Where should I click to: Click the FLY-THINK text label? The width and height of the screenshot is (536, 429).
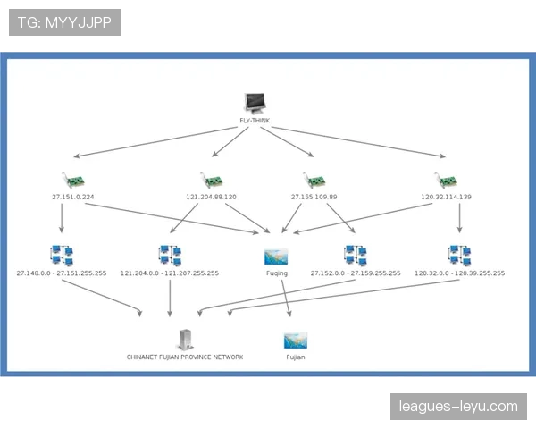pos(255,121)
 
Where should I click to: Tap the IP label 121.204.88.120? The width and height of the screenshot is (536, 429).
pos(211,196)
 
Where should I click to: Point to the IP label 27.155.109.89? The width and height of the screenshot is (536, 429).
pos(314,196)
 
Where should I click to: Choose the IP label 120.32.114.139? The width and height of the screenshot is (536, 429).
pos(446,196)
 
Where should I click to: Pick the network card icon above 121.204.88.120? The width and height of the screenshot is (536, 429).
pos(209,180)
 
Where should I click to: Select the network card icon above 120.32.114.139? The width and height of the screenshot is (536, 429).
pos(444,180)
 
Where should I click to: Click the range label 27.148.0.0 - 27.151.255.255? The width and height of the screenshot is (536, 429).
pos(62,273)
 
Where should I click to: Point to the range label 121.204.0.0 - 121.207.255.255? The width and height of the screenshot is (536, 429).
pos(170,273)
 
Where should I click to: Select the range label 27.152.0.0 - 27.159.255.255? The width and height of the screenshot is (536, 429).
pos(356,273)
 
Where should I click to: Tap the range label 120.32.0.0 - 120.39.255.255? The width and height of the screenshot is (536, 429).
pos(459,273)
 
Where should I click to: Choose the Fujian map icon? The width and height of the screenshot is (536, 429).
pos(296,340)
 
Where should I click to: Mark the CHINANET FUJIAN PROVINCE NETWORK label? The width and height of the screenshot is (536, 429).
pos(185,357)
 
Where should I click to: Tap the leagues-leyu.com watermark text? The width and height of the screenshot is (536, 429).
pos(457,407)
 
